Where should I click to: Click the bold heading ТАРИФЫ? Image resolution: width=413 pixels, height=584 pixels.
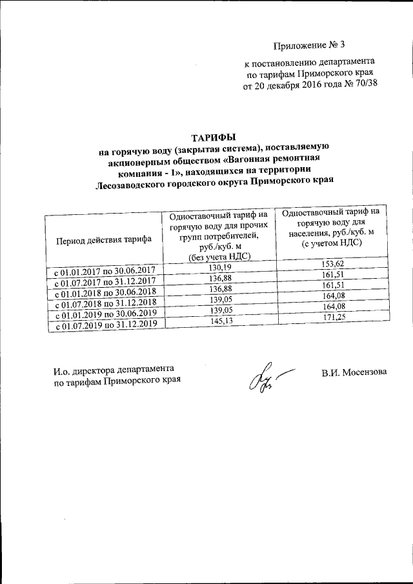[x=214, y=137]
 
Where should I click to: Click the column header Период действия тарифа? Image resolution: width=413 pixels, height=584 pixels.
[x=104, y=239]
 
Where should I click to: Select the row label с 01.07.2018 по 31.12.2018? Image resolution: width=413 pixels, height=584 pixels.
[x=106, y=303]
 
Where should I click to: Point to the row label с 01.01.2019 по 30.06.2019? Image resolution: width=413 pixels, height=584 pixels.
[x=106, y=314]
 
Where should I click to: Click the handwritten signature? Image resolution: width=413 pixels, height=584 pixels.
[x=261, y=379]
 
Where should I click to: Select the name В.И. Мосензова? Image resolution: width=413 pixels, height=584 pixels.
[x=354, y=372]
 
